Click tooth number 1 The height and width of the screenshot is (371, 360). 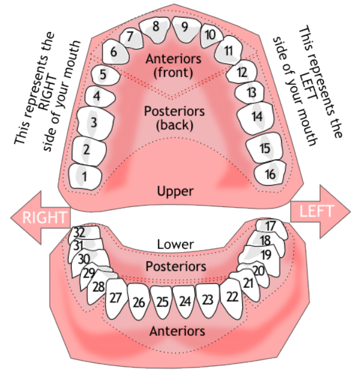[85, 177]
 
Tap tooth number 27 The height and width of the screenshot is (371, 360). [117, 298]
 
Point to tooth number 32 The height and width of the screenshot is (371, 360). [80, 233]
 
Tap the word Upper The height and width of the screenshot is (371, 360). [175, 191]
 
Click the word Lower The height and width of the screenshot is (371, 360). [175, 244]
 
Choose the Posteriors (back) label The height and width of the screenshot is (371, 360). [174, 118]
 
